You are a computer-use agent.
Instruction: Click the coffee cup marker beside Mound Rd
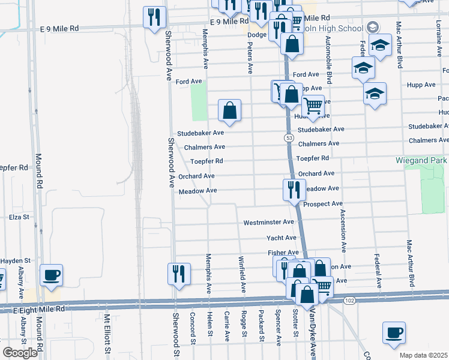click(x=50, y=275)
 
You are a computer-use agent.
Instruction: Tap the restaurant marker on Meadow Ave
click(x=294, y=190)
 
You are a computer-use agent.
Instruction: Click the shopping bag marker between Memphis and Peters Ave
click(x=229, y=110)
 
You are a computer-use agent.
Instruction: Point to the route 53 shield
click(x=289, y=138)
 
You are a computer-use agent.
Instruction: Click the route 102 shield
click(x=351, y=300)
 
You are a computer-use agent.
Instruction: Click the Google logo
click(x=20, y=353)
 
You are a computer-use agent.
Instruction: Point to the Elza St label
click(x=19, y=217)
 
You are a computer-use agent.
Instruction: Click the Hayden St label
click(x=15, y=260)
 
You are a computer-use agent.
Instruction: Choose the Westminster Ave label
click(x=268, y=223)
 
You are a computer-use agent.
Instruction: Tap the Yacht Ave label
click(x=281, y=238)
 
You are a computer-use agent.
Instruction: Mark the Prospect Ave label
click(x=323, y=204)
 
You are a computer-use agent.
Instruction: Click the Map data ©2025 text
click(x=424, y=355)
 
